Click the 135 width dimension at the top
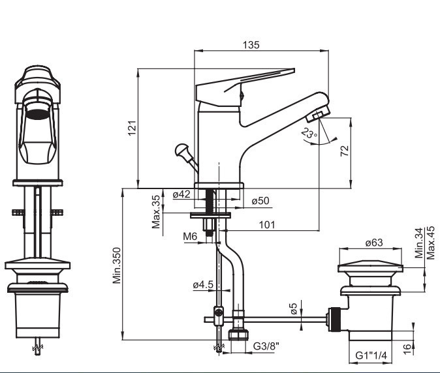tap(251, 45)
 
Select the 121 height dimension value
tap(132, 128)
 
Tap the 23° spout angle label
tap(309, 133)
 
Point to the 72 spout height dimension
tap(345, 151)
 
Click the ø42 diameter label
tap(181, 194)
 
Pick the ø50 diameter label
tap(260, 201)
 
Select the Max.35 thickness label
tap(156, 212)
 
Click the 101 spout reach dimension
tap(267, 225)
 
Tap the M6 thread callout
tap(190, 237)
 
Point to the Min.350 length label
tap(117, 265)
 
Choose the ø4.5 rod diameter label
tap(203, 285)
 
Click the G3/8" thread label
tap(266, 346)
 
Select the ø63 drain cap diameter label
tap(374, 243)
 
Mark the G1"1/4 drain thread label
tap(371, 355)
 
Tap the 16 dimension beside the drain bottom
tap(407, 348)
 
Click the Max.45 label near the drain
tap(431, 243)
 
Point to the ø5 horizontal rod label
tap(293, 309)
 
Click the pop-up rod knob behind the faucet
tap(181, 150)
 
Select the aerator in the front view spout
tap(37, 113)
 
